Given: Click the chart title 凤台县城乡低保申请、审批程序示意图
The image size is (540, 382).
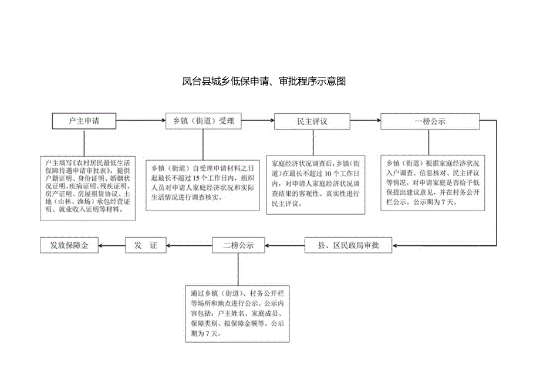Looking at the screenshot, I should (264, 82).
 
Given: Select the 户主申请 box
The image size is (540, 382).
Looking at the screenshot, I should (83, 121).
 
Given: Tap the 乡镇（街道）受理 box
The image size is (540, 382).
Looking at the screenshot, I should (203, 121).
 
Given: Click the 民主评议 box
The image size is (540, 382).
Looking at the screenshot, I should (312, 121).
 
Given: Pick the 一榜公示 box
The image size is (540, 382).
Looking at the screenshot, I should (430, 121).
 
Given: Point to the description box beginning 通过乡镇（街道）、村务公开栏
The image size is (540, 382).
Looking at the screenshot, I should (238, 313).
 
